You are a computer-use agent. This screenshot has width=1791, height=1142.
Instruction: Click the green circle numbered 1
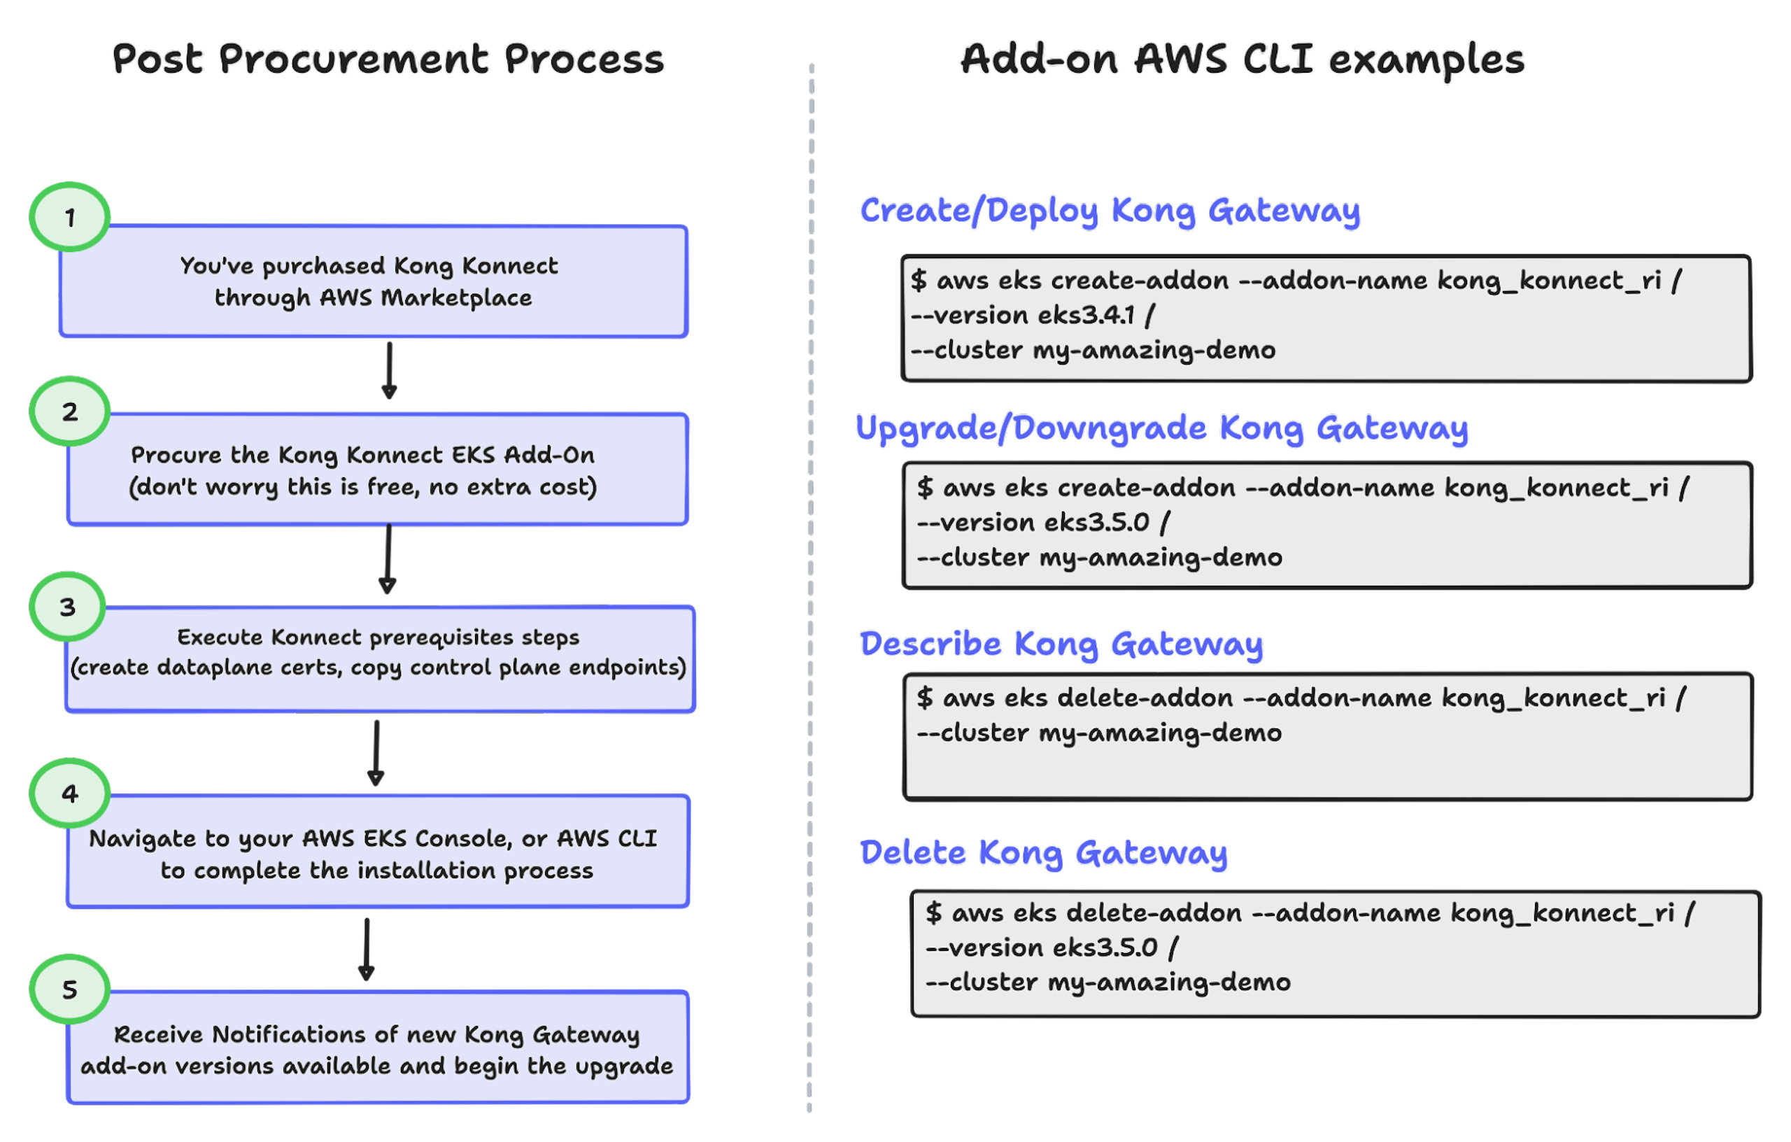click(70, 217)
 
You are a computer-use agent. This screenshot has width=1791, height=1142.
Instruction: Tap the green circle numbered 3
click(68, 607)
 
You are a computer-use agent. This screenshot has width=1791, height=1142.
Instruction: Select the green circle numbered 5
click(70, 989)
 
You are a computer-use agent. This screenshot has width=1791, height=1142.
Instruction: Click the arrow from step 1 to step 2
click(389, 369)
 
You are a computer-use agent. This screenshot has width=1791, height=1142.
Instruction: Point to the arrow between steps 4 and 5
click(366, 949)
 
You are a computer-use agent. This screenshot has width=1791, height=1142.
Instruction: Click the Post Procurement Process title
click(388, 59)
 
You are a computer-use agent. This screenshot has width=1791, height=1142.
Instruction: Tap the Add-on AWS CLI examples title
click(1242, 59)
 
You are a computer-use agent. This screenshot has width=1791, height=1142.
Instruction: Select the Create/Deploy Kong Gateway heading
click(1110, 211)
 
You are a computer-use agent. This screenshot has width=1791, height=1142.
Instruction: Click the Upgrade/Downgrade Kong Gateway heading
click(1162, 428)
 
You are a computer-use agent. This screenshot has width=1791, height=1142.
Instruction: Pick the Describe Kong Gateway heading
click(1061, 644)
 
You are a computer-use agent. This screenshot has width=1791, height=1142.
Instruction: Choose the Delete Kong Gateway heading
click(1044, 852)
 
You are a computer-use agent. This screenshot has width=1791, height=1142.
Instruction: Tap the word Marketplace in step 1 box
click(456, 298)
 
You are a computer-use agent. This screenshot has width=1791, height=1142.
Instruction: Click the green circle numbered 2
click(70, 411)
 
